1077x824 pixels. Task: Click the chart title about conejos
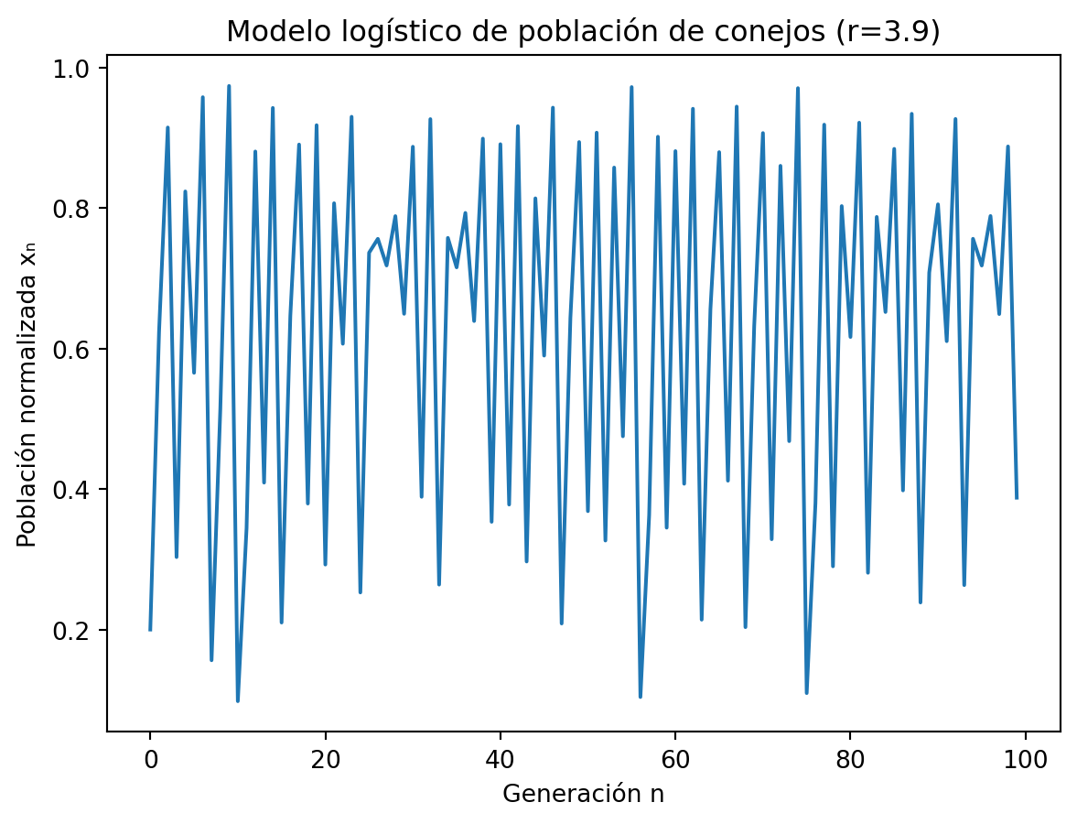coord(583,31)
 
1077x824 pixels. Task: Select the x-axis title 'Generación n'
coord(583,794)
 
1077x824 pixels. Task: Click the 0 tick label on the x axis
coord(150,759)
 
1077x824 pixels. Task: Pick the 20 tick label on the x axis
coord(325,759)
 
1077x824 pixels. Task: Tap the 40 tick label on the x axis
coord(500,759)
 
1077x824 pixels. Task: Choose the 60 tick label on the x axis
coord(675,759)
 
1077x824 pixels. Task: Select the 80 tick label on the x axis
coord(850,759)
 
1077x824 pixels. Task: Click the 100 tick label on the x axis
coord(1025,759)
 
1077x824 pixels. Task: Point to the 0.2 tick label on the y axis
coord(77,631)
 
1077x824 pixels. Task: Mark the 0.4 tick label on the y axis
coord(77,490)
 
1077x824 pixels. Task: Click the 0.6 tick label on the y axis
coord(77,350)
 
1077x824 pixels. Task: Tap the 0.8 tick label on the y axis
coord(77,209)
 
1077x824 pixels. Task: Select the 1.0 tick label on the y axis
coord(77,69)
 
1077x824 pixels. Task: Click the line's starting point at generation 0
coord(150,629)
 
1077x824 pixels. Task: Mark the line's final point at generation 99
coord(1017,498)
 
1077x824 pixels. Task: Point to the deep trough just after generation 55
coord(641,697)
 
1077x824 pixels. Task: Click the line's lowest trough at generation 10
coord(238,701)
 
